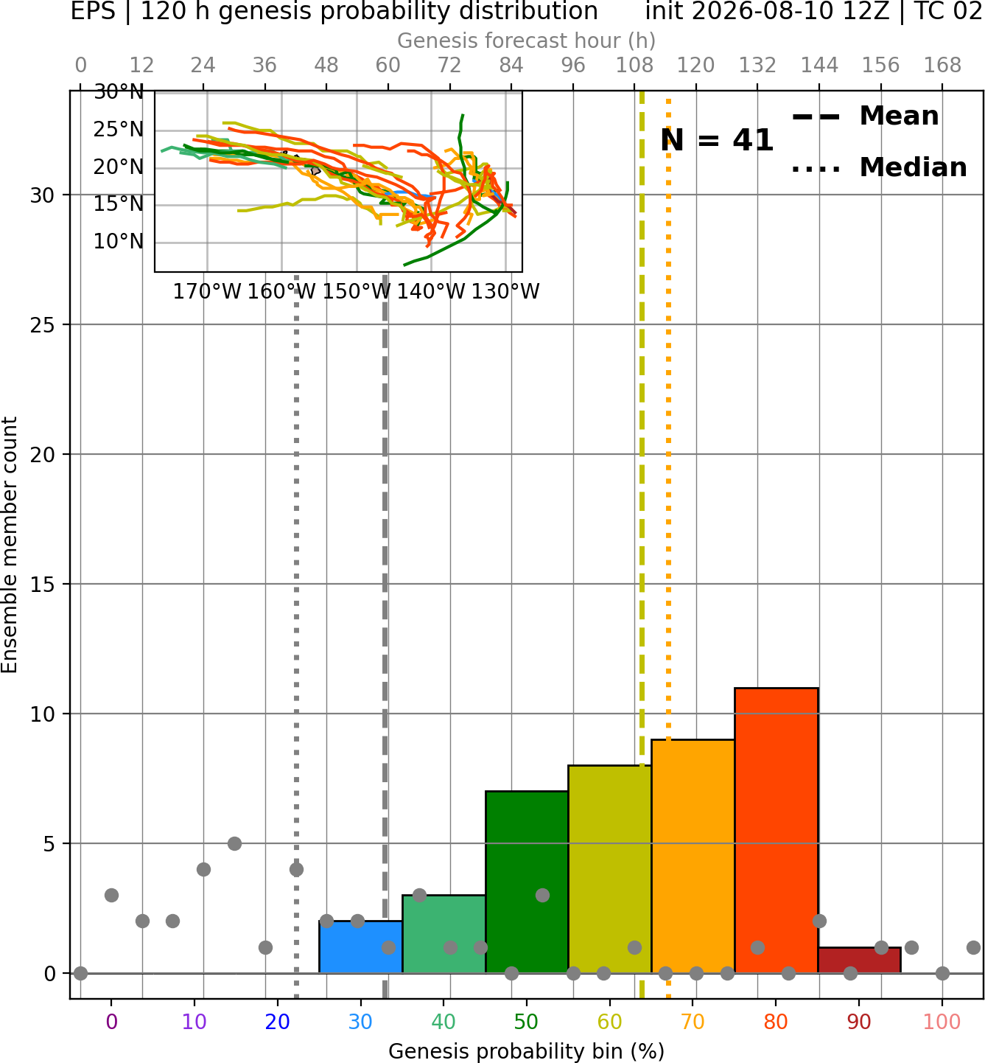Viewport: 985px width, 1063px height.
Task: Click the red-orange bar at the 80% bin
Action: (x=777, y=830)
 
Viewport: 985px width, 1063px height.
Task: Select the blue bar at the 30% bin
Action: (x=360, y=947)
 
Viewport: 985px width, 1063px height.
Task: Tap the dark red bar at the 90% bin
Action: (x=859, y=961)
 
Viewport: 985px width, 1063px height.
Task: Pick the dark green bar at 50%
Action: (x=527, y=882)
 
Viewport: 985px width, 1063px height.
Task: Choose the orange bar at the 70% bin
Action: (x=693, y=857)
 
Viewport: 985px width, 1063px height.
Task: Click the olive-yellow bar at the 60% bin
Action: (x=610, y=869)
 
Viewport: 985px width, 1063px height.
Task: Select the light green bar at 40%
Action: (x=444, y=934)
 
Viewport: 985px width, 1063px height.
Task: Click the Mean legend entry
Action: (x=865, y=116)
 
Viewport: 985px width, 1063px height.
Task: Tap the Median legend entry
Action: (x=879, y=167)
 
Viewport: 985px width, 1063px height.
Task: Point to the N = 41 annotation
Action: (x=717, y=140)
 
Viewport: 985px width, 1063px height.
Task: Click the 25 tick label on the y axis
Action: (x=43, y=325)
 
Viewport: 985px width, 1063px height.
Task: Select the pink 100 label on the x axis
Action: (x=942, y=1022)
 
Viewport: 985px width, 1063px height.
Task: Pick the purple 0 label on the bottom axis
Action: (x=111, y=1022)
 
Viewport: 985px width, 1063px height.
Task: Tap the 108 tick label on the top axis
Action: (x=634, y=66)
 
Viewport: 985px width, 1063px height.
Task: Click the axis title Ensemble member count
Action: (x=10, y=545)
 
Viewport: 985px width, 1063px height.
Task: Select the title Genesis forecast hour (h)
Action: (x=527, y=41)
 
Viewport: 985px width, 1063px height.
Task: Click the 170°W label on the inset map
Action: (x=207, y=292)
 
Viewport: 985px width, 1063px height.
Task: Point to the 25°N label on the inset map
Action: (x=119, y=130)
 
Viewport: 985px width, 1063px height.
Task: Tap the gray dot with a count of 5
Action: (x=234, y=843)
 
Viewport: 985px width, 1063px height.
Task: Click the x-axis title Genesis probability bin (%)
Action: (x=527, y=1051)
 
